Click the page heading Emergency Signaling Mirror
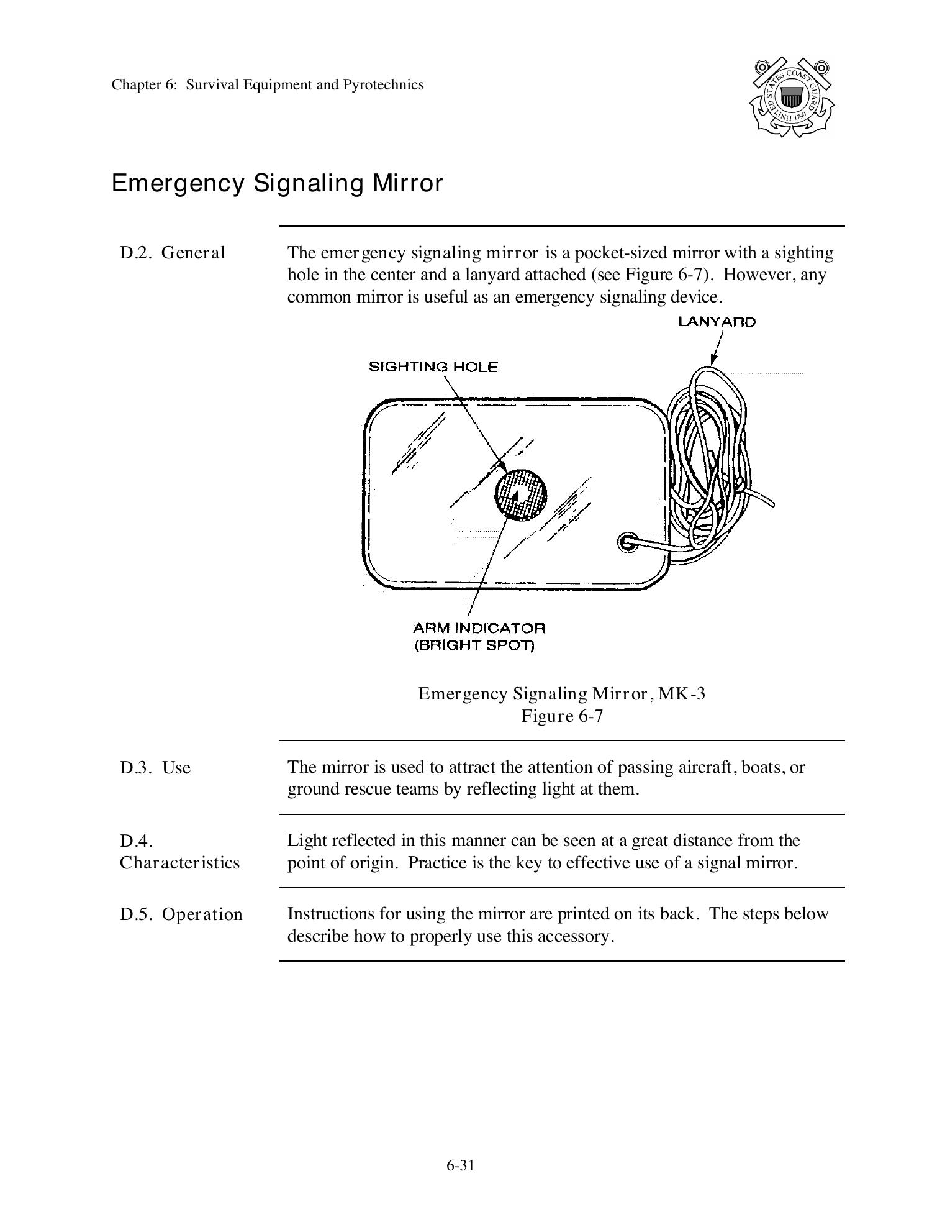pyautogui.click(x=277, y=183)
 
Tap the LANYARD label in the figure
pyautogui.click(x=717, y=322)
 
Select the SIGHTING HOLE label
pyautogui.click(x=433, y=367)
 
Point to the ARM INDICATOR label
pyautogui.click(x=479, y=628)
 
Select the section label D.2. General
pyautogui.click(x=173, y=253)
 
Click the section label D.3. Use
pyautogui.click(x=155, y=768)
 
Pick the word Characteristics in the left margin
pyautogui.click(x=179, y=863)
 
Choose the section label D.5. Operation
pyautogui.click(x=181, y=914)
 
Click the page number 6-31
pyautogui.click(x=460, y=1165)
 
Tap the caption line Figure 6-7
pyautogui.click(x=562, y=716)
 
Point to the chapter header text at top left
pyautogui.click(x=268, y=84)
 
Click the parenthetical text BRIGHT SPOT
pyautogui.click(x=474, y=645)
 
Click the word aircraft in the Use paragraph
pyautogui.click(x=707, y=767)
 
